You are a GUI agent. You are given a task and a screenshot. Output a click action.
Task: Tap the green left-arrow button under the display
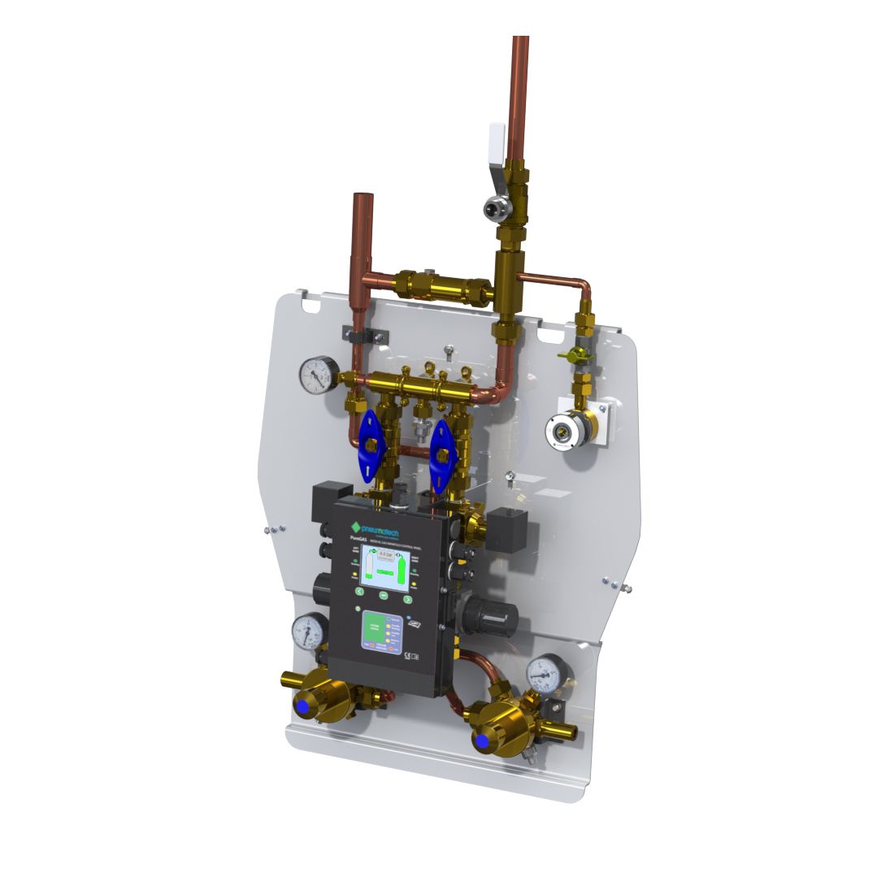[359, 592]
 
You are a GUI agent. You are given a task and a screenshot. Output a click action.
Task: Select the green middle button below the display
[383, 596]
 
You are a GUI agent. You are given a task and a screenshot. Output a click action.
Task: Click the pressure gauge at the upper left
[316, 374]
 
